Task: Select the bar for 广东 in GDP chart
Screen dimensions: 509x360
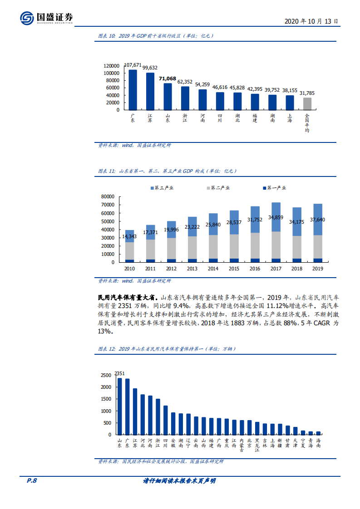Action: [x=133, y=89]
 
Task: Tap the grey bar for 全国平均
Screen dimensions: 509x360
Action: [x=307, y=103]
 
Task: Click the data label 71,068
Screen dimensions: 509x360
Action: [x=168, y=78]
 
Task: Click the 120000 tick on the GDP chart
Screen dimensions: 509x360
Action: [x=111, y=66]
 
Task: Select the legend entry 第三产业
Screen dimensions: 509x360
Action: [x=162, y=188]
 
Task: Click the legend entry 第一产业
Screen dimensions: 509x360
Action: [x=274, y=188]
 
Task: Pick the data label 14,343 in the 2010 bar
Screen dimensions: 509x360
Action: [x=130, y=237]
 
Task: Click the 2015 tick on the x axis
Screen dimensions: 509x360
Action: [x=234, y=269]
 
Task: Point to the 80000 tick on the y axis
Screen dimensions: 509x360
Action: [x=108, y=196]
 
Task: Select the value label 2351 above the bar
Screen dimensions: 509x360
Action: [x=119, y=373]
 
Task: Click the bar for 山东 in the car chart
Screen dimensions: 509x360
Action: [x=119, y=406]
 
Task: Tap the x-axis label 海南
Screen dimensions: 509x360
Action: [x=318, y=443]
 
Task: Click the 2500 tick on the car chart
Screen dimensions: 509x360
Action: [x=105, y=375]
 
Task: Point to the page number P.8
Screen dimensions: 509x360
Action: [x=30, y=481]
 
